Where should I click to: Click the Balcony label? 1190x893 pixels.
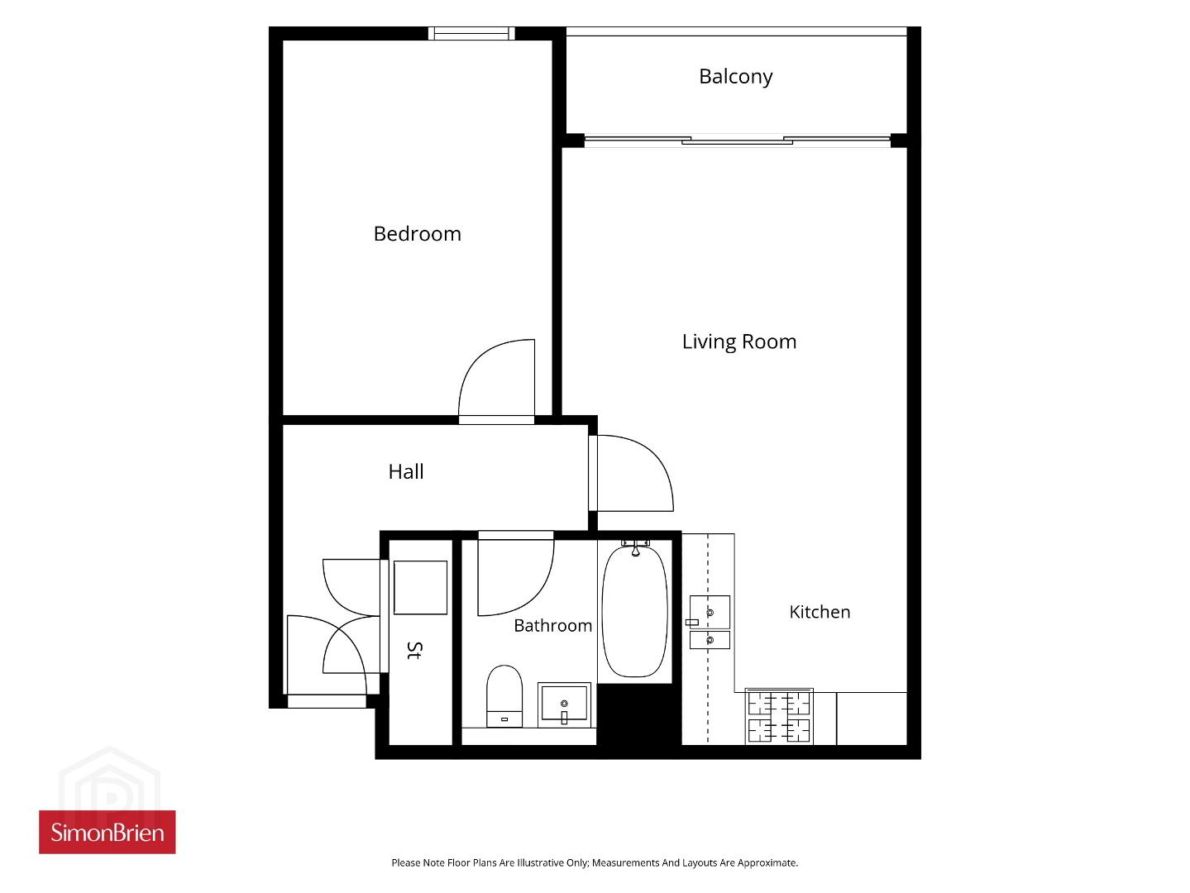click(x=735, y=77)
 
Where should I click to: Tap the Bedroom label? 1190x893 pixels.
click(x=417, y=234)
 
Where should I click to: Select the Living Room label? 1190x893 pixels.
click(x=739, y=342)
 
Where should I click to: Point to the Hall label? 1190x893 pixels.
click(x=405, y=471)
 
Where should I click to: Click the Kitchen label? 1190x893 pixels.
click(x=820, y=612)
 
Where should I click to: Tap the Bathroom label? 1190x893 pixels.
click(x=552, y=626)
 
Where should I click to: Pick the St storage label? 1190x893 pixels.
click(x=415, y=650)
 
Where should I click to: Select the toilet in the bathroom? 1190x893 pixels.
click(x=504, y=695)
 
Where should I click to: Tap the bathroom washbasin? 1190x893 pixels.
click(x=564, y=704)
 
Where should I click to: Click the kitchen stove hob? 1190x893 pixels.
click(x=779, y=717)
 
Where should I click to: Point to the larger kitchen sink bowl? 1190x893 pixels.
click(x=710, y=613)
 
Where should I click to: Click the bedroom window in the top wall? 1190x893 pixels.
click(x=471, y=34)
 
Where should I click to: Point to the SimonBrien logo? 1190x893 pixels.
click(x=108, y=833)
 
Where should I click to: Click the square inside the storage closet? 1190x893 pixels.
click(x=420, y=588)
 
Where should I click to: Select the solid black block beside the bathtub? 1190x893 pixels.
click(x=638, y=714)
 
